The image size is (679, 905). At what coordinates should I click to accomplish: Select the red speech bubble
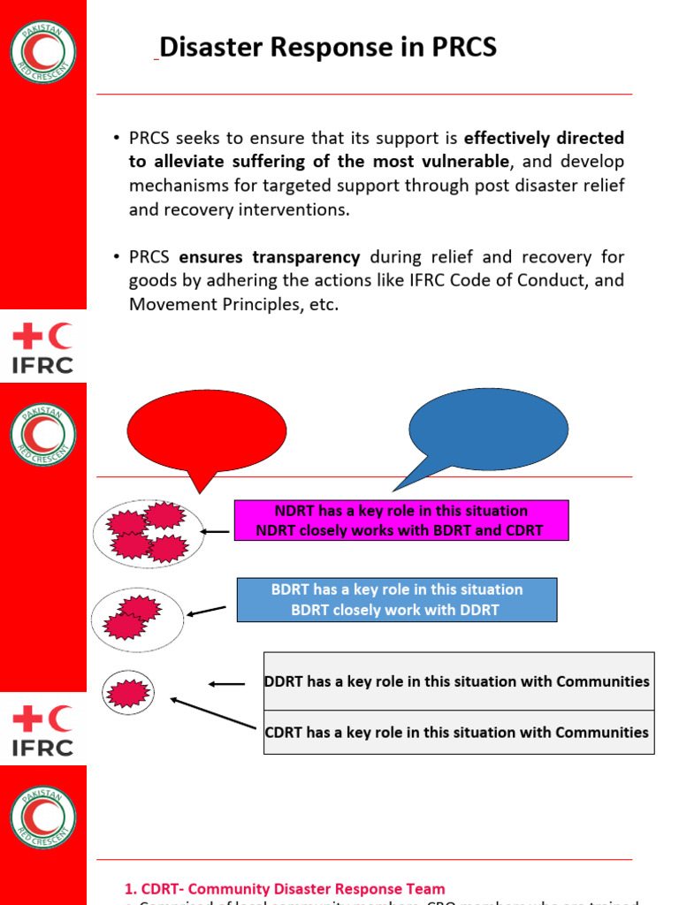click(x=207, y=431)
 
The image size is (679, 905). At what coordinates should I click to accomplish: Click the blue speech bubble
click(x=488, y=430)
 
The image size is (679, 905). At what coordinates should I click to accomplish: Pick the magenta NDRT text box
click(x=401, y=521)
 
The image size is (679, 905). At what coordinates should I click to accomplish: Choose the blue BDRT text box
click(x=396, y=600)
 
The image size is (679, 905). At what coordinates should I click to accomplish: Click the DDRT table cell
click(x=458, y=681)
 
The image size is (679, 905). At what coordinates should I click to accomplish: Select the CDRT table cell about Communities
click(x=458, y=732)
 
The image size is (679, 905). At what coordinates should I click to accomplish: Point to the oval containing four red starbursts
click(x=148, y=532)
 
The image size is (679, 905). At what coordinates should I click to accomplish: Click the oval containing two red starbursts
click(x=137, y=619)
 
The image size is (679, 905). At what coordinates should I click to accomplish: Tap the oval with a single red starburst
click(x=128, y=692)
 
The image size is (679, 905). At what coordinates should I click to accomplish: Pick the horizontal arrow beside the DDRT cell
click(x=226, y=683)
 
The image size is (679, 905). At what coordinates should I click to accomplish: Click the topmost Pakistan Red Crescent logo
click(x=43, y=51)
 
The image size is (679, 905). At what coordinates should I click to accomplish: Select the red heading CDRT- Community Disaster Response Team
click(x=284, y=888)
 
